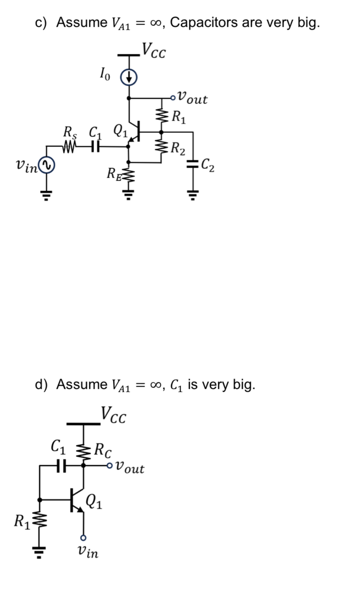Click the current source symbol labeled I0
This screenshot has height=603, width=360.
128,77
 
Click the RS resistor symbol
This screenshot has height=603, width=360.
69,147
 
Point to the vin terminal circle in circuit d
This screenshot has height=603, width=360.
84,537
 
